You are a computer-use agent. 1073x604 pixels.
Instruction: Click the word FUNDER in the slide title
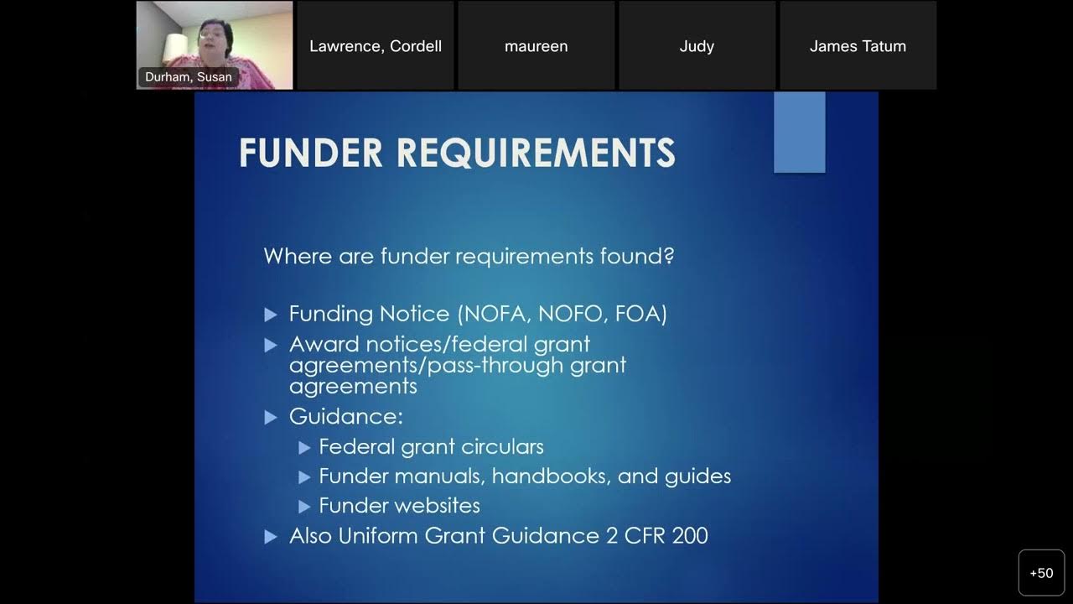coord(311,154)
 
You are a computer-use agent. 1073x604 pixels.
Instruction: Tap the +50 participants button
coord(1041,573)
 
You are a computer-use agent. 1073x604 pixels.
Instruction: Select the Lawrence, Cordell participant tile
coord(375,46)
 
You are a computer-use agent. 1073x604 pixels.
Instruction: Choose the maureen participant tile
coord(536,46)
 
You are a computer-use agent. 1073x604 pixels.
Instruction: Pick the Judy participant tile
coord(697,46)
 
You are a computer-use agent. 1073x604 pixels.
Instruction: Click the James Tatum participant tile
coord(858,46)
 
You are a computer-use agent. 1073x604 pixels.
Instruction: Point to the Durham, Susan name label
coord(189,77)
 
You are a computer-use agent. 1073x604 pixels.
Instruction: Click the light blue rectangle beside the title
coord(799,133)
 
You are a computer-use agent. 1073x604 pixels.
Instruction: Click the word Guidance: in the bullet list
coord(346,417)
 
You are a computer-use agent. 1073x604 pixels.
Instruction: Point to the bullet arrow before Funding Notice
coord(271,315)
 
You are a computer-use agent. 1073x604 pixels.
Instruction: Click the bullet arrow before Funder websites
coord(304,507)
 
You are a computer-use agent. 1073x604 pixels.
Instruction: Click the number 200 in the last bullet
coord(690,536)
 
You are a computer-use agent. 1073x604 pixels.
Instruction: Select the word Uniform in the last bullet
coord(378,536)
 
